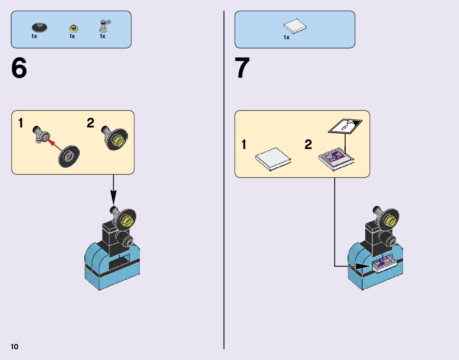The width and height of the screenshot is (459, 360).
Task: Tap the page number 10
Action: pos(15,347)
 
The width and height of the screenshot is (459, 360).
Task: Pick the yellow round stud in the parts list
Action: pos(73,28)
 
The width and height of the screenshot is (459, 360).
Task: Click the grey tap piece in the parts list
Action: pos(104,26)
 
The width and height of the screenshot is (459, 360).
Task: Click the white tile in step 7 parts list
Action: pos(295,26)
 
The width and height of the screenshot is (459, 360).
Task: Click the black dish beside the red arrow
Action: pos(69,156)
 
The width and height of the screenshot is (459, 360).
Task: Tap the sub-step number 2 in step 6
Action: pos(91,123)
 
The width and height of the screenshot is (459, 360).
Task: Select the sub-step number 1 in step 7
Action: pos(244,145)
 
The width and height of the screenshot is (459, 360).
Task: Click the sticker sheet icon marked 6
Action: pos(345,126)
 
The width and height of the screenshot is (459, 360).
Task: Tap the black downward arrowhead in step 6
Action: pos(113,199)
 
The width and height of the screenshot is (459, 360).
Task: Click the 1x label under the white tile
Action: pos(286,37)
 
